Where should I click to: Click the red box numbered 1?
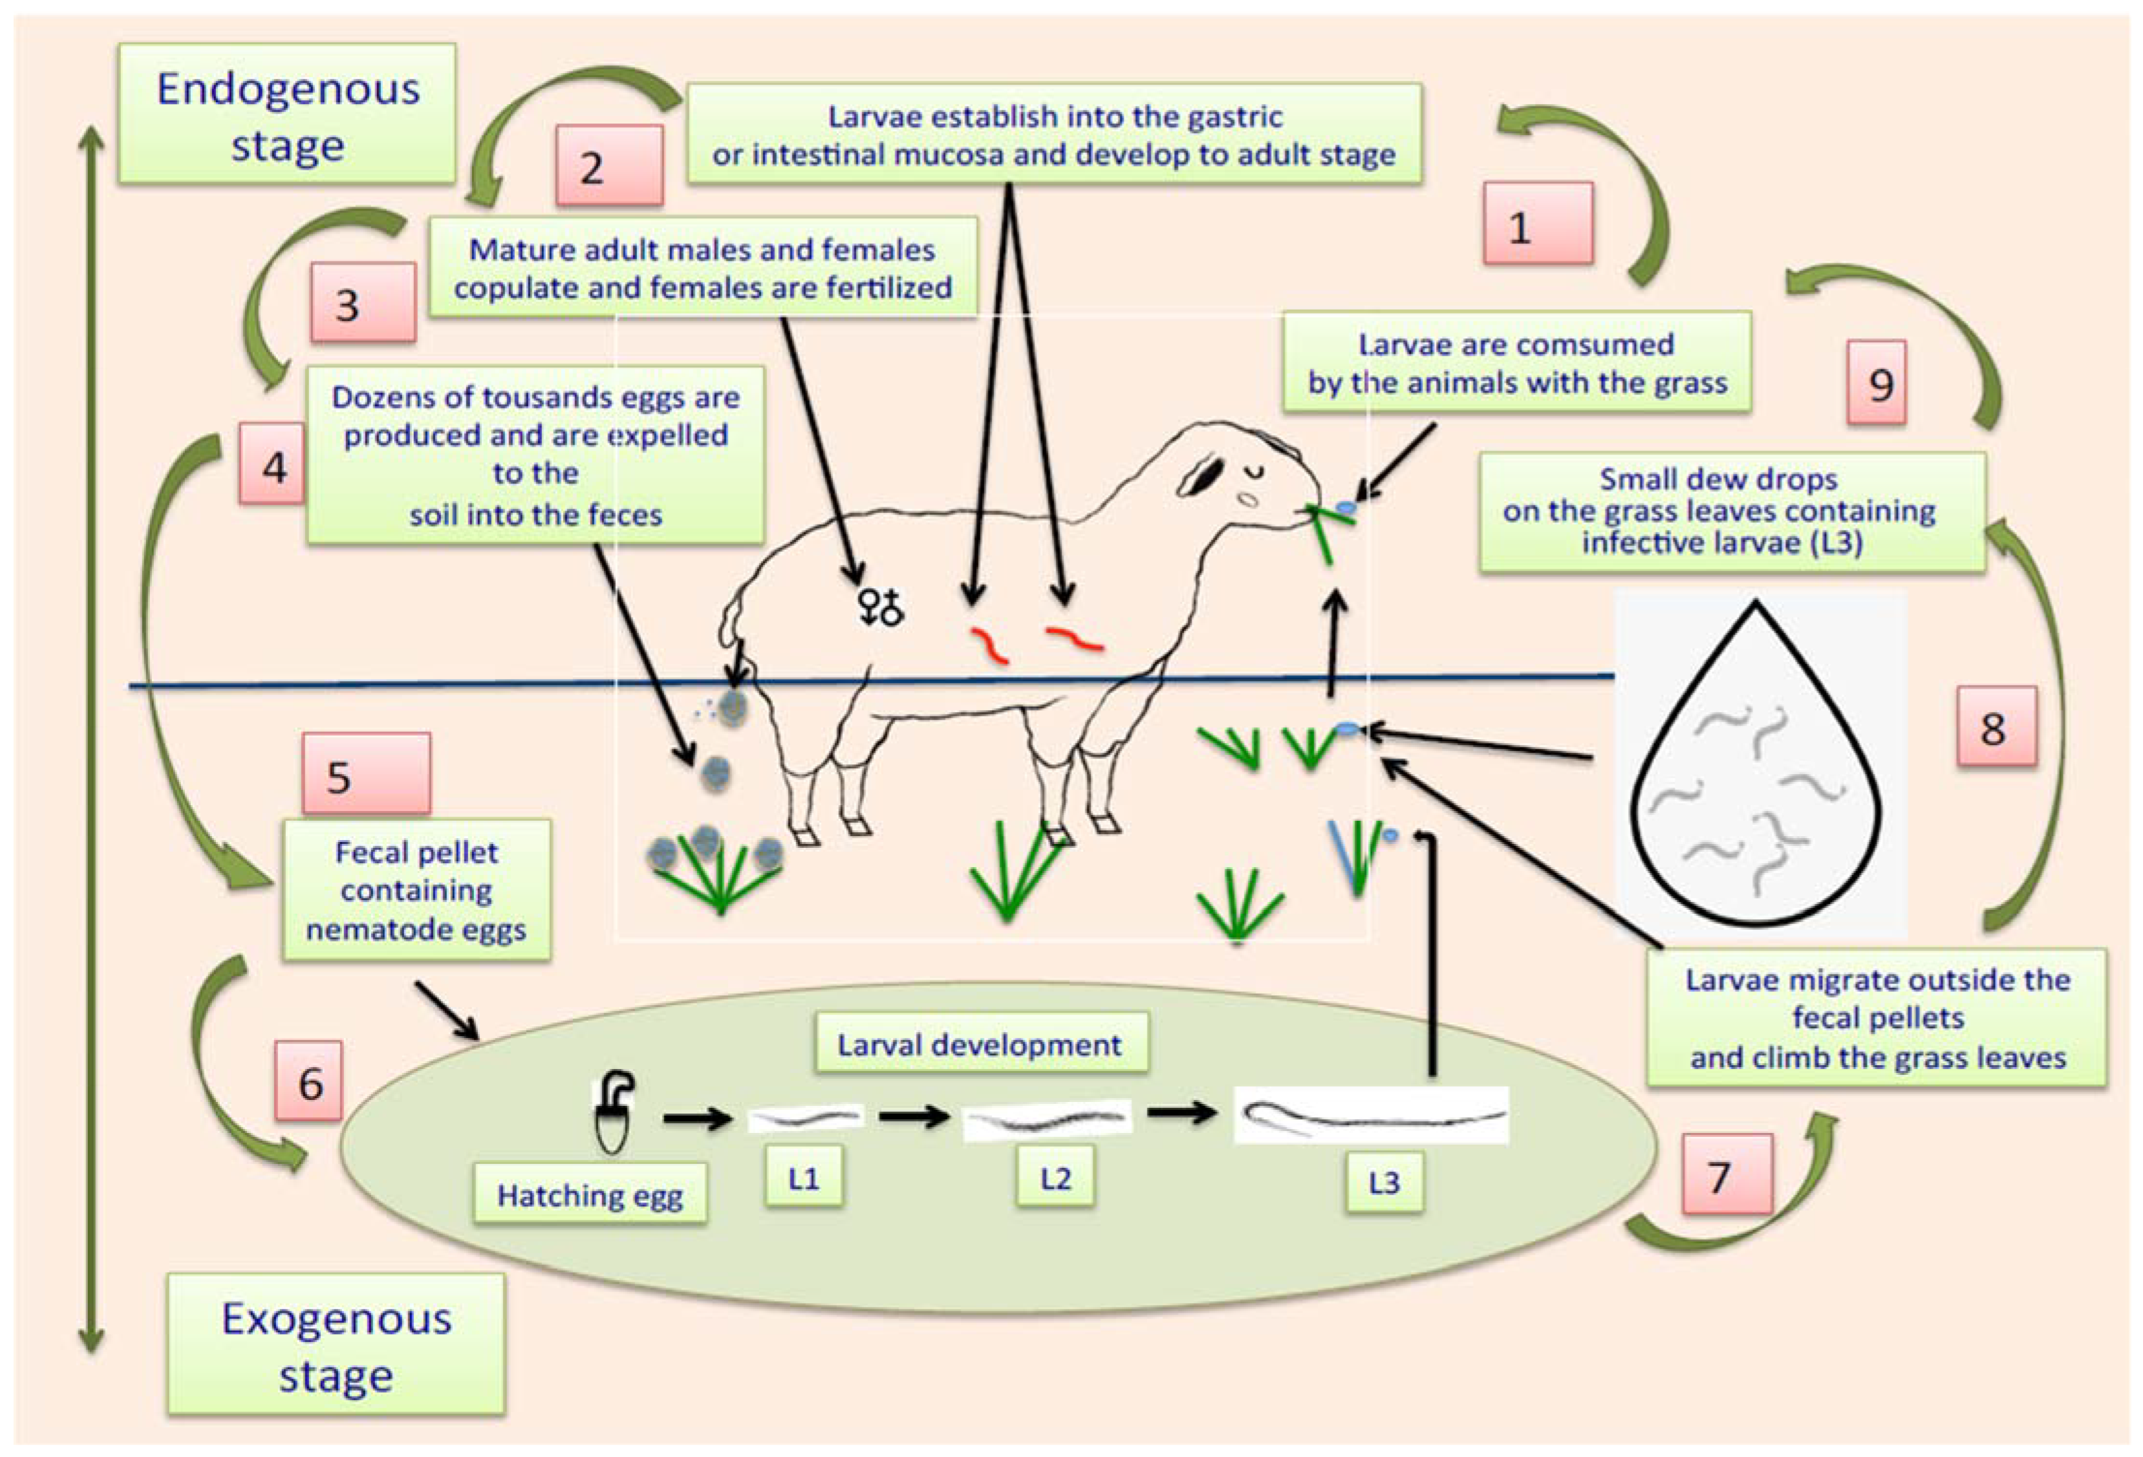click(1537, 224)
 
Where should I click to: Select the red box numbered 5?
click(365, 773)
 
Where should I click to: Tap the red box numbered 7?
click(1726, 1173)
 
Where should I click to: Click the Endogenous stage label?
click(286, 114)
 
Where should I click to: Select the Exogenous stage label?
click(336, 1344)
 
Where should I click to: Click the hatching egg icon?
click(613, 1111)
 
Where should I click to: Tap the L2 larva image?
click(1046, 1119)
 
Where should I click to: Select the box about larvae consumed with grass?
click(1516, 362)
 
